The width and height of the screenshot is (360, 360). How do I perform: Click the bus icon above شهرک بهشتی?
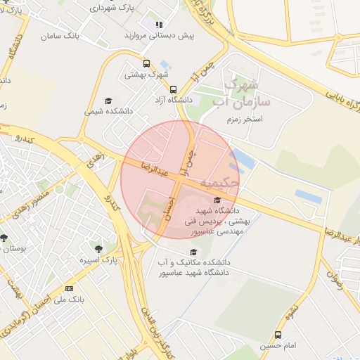(x=146, y=63)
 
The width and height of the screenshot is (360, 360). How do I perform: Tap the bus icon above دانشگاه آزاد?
(x=173, y=89)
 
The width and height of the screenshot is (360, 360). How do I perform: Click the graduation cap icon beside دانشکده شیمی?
(x=108, y=101)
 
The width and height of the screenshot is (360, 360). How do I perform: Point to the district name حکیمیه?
(x=219, y=182)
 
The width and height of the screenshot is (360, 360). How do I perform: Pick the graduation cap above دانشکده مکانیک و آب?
(x=193, y=252)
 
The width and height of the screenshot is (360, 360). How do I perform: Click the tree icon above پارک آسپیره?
(x=98, y=248)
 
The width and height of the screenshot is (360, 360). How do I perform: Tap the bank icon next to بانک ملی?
(x=69, y=289)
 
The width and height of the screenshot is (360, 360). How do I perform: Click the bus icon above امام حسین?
(x=278, y=335)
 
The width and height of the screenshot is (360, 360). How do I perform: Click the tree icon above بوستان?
(x=4, y=238)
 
